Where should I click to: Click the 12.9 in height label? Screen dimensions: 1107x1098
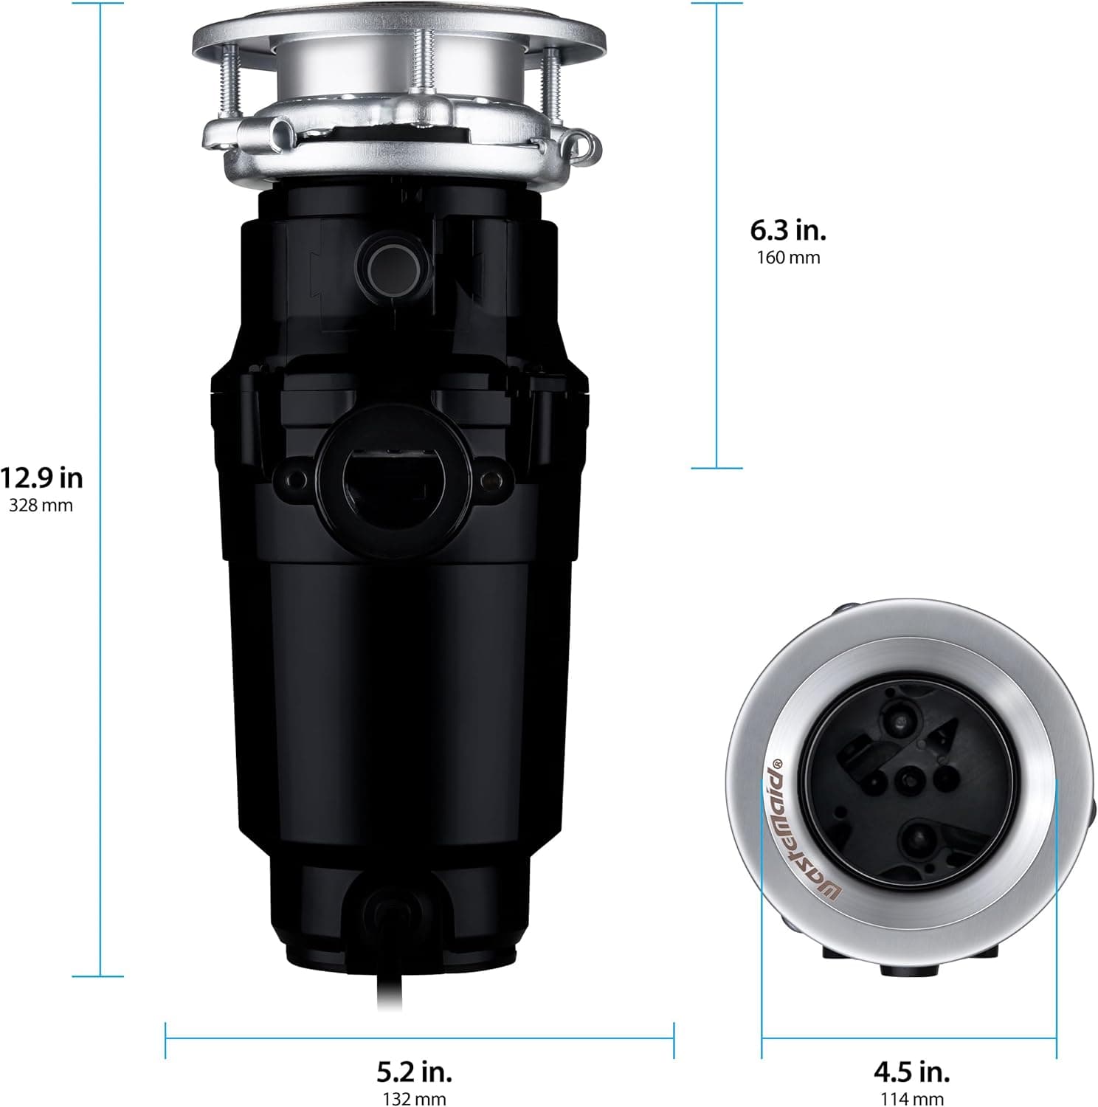coord(42,478)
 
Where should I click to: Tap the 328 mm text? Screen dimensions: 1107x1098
coord(41,506)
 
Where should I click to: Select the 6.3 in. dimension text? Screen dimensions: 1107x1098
coord(788,230)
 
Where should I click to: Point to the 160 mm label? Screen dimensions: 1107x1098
coord(788,258)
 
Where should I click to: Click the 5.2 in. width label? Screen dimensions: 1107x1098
coord(414,1070)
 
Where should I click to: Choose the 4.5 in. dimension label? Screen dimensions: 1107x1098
coord(911,1070)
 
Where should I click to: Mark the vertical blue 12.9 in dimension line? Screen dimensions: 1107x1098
coord(100,295)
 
